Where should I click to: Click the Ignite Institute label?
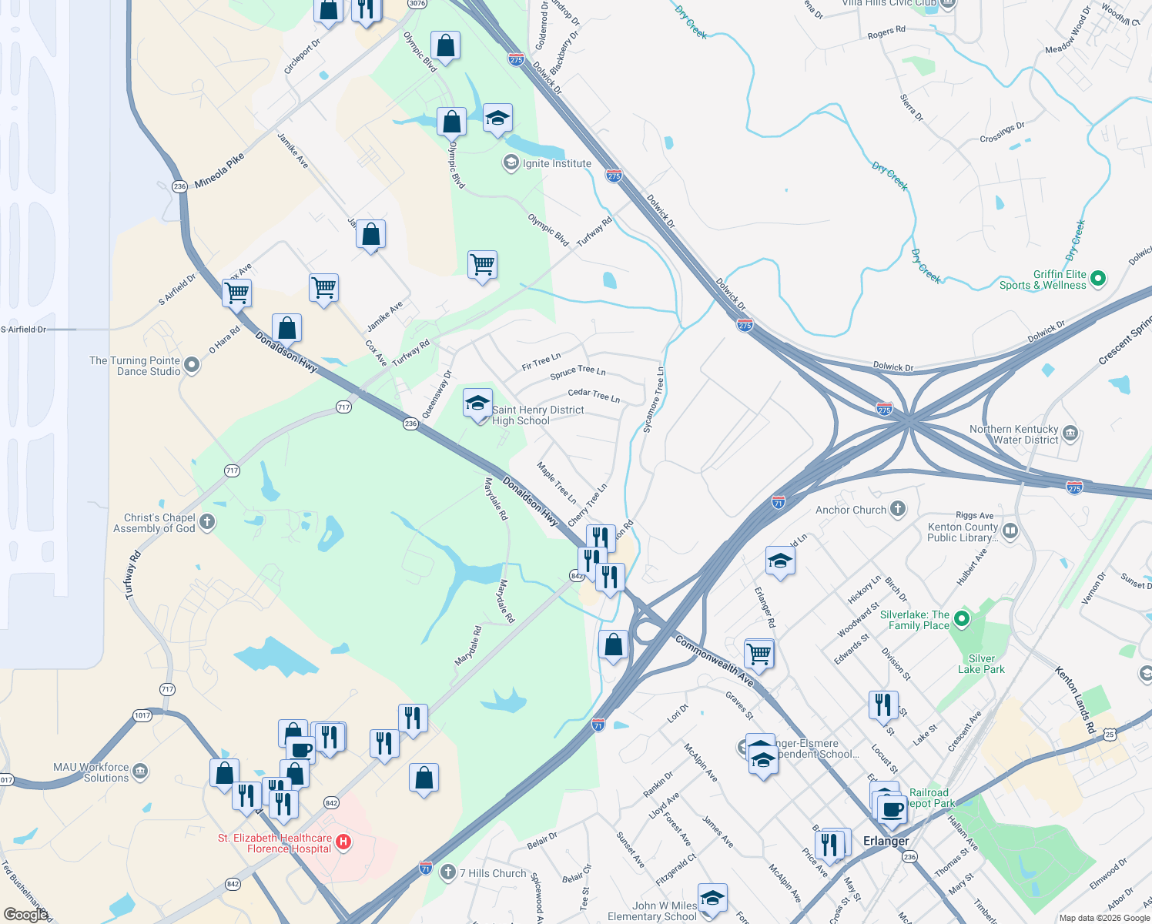[x=557, y=163]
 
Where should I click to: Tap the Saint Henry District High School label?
[x=537, y=415]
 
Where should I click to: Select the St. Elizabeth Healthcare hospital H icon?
[x=344, y=842]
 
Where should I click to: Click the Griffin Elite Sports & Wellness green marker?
[x=1099, y=279]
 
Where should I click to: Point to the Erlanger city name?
[x=886, y=841]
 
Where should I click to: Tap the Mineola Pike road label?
[x=219, y=170]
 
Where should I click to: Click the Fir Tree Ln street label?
[x=541, y=361]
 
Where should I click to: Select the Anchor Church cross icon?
[x=897, y=508]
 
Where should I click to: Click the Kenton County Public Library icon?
[x=1011, y=531]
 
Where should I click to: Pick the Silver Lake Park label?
[x=981, y=664]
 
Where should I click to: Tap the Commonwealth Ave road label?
[x=714, y=661]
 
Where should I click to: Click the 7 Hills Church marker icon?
[x=447, y=872]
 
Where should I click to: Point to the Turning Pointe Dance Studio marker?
[x=192, y=366]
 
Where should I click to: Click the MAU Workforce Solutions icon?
[x=140, y=772]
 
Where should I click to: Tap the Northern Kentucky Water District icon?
[x=1070, y=434]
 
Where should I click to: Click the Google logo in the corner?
[x=25, y=914]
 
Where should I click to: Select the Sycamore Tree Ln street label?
[x=653, y=400]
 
